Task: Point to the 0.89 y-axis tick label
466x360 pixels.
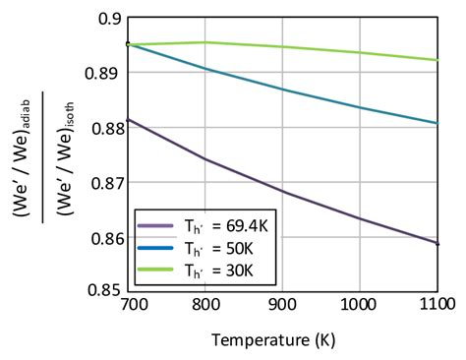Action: [102, 73]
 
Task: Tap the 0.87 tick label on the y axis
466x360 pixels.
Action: [102, 182]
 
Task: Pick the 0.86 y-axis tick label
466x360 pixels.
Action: [102, 237]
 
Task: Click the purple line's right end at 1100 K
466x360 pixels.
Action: [437, 243]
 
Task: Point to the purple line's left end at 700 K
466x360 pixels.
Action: [128, 119]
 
